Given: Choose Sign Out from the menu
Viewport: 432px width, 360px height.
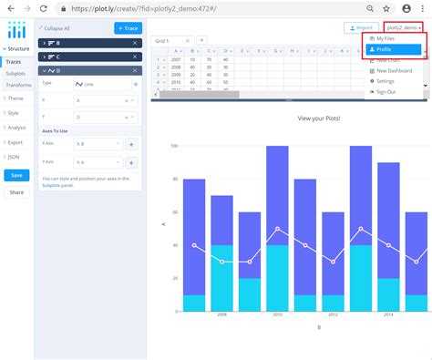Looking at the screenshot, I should (x=386, y=91).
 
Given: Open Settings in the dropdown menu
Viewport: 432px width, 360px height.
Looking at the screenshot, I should (x=386, y=81).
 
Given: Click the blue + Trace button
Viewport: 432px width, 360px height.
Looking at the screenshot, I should (x=128, y=28).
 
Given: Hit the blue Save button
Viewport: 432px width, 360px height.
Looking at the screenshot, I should (x=16, y=175).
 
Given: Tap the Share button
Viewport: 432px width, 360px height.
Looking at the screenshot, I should (x=16, y=192).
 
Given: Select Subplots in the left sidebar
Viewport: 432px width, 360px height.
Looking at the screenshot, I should (x=15, y=71).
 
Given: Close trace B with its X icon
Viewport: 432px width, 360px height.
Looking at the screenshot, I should (x=137, y=43).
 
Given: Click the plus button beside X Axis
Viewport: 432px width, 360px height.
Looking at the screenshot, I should (x=130, y=144).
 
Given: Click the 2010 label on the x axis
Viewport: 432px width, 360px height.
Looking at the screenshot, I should (x=277, y=313).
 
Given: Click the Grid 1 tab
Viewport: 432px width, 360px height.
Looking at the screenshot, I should (x=161, y=41).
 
